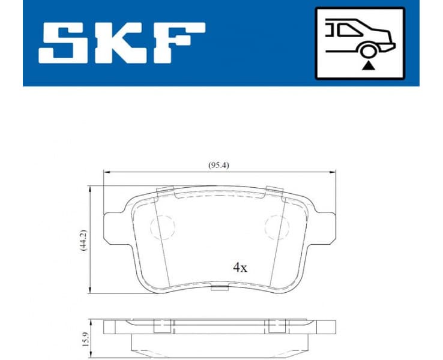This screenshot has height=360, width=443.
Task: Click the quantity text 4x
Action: pos(240,268)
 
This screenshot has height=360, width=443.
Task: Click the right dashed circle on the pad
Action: pos(277,227)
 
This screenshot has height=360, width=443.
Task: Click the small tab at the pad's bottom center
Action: pos(220,291)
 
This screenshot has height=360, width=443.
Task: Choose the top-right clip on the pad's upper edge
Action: pos(274,192)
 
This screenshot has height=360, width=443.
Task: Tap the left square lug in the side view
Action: pos(160,326)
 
